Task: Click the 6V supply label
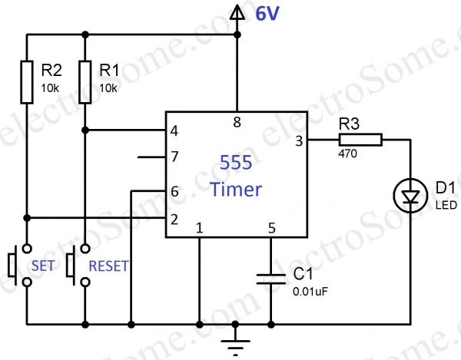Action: (x=263, y=13)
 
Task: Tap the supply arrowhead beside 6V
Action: (x=237, y=11)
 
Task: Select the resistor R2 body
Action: (x=27, y=81)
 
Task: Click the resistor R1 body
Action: (x=86, y=81)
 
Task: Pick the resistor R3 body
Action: (x=359, y=139)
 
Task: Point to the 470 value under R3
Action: (x=347, y=154)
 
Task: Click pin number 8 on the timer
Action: (x=237, y=121)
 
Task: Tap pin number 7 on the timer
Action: (x=174, y=158)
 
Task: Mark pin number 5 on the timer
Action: (x=270, y=228)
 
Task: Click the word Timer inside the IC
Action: (x=236, y=190)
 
